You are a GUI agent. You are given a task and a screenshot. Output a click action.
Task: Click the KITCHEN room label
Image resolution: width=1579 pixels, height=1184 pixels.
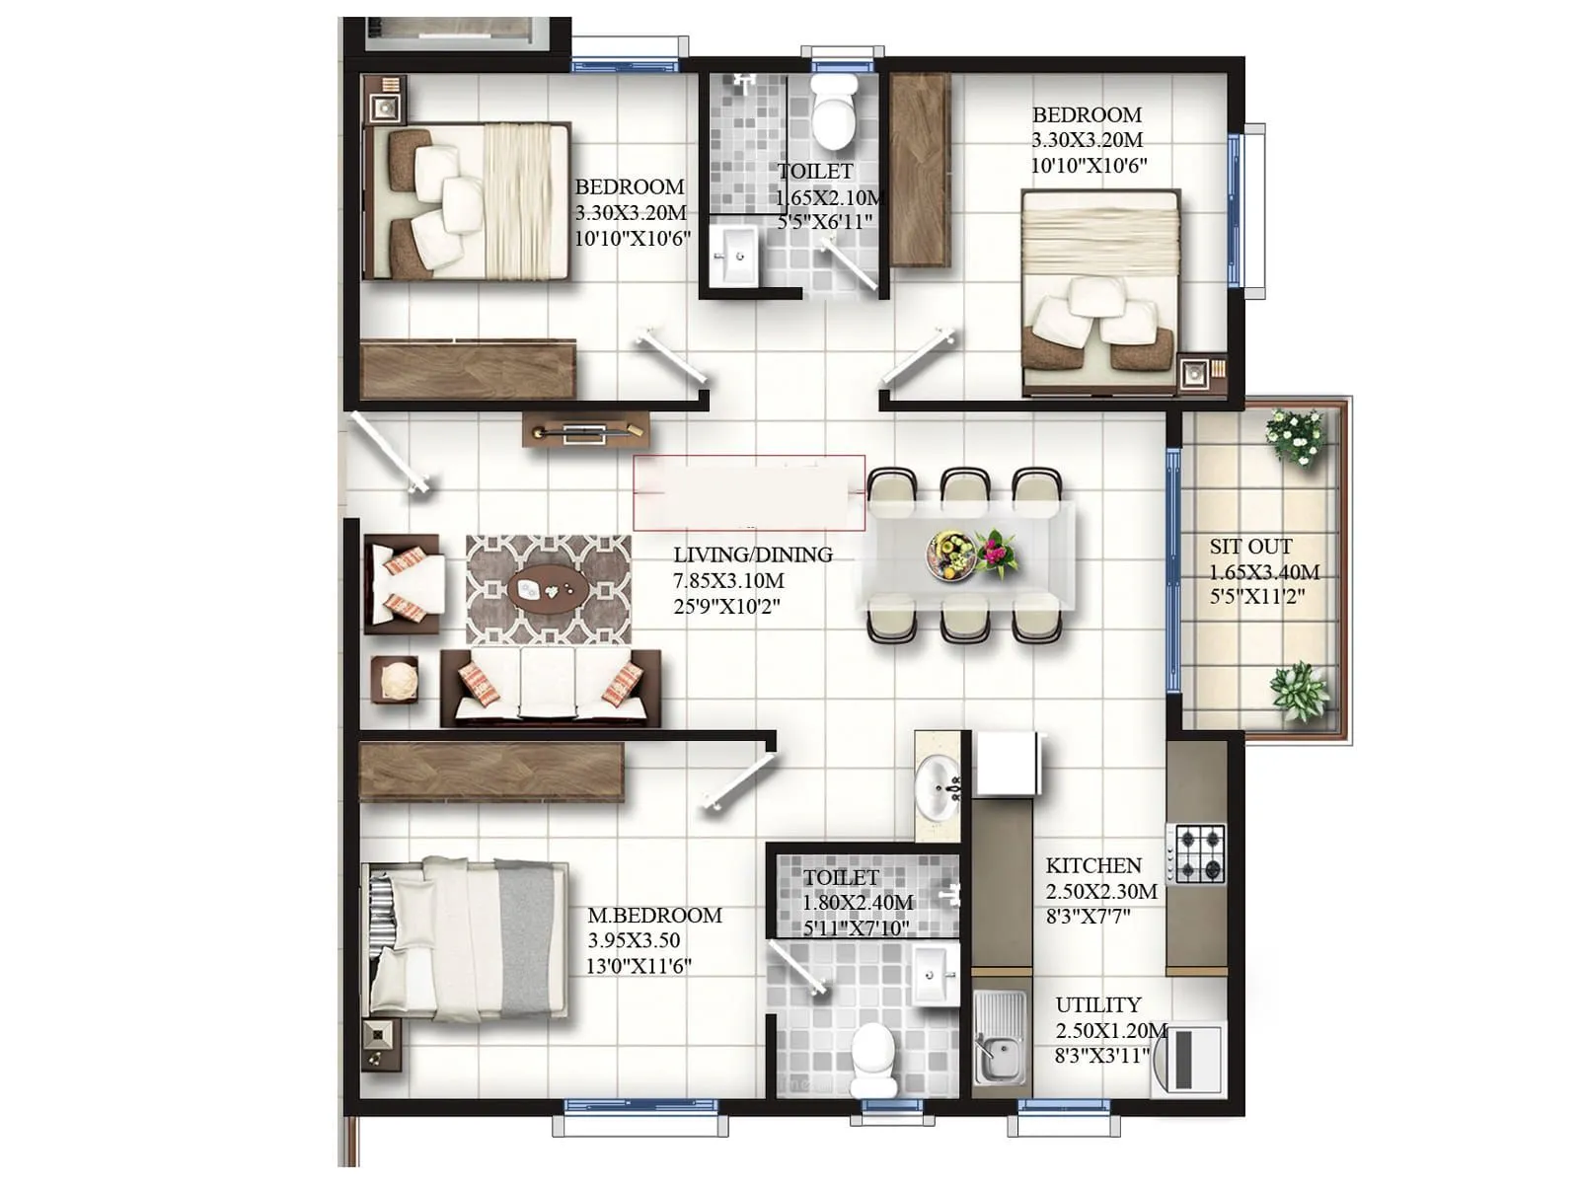[x=1092, y=865]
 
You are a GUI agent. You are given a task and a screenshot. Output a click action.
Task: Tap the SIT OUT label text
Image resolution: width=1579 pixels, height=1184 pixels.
[x=1250, y=547]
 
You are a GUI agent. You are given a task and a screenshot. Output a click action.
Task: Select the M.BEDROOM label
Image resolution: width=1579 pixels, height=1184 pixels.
[x=654, y=915]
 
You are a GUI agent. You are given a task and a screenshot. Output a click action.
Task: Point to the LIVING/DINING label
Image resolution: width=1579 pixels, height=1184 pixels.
[x=753, y=555]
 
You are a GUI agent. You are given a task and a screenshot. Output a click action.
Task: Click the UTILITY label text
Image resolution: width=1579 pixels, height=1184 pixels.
[x=1097, y=1004]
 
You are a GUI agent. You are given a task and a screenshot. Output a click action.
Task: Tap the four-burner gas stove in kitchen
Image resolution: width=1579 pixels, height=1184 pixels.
[x=1198, y=853]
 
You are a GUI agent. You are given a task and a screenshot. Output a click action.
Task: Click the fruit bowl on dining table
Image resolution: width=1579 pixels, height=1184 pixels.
[x=951, y=553]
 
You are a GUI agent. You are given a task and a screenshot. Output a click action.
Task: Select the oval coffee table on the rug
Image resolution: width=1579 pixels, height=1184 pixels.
[x=549, y=590]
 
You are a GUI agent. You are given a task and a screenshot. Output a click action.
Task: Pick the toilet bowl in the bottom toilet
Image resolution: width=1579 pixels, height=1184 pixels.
[x=874, y=1056]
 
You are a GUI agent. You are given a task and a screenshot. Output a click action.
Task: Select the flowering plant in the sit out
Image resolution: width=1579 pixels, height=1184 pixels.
[x=1296, y=435]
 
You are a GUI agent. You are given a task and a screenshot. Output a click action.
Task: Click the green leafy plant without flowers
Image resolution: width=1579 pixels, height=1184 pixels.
[x=1299, y=691]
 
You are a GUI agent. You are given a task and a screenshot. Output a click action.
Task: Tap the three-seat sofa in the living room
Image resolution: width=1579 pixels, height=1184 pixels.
[x=549, y=686]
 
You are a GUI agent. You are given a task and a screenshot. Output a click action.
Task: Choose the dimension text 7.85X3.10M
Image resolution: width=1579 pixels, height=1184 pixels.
[x=728, y=580]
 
